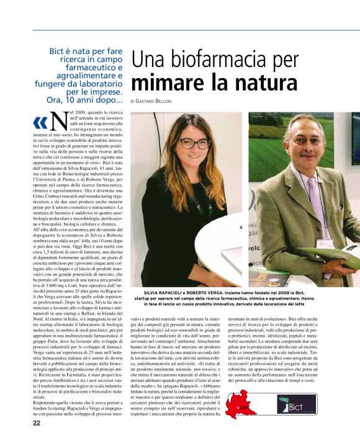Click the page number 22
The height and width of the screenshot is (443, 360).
pos(37,423)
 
